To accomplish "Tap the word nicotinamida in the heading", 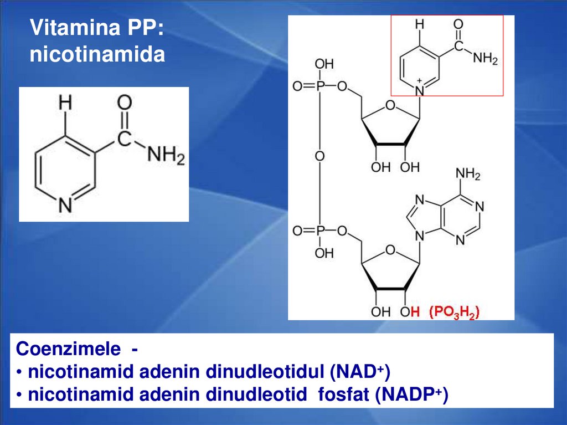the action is click(x=97, y=55).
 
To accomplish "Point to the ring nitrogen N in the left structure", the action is click(x=66, y=206).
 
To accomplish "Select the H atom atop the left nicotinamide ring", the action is click(x=66, y=104).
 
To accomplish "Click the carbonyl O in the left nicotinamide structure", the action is click(x=125, y=103).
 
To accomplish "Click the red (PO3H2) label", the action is click(x=454, y=312).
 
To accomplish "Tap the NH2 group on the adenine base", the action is click(x=468, y=176).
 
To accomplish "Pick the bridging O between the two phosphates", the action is click(x=319, y=157).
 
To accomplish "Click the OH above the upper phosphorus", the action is click(x=324, y=65).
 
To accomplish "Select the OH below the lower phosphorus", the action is click(x=324, y=254).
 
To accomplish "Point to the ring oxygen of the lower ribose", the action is click(x=390, y=251).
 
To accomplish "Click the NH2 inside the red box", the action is click(x=486, y=59).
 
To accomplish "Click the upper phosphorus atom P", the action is click(x=319, y=87).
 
